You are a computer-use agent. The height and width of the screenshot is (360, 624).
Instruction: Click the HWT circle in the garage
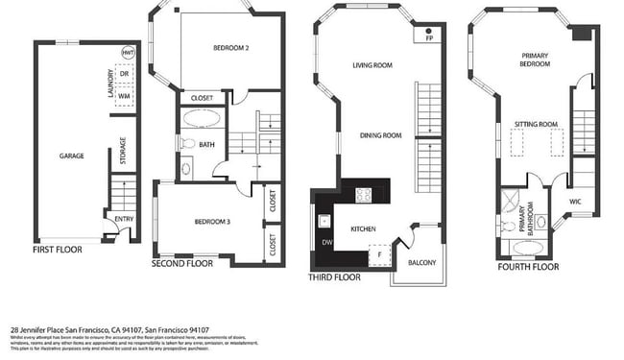(x=127, y=53)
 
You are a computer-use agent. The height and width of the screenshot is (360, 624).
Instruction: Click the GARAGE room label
(x=71, y=156)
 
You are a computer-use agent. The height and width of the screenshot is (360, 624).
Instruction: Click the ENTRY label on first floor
(x=124, y=219)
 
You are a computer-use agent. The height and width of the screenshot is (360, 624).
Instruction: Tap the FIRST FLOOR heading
(x=58, y=250)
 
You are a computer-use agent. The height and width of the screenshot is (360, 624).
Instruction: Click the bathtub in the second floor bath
(x=202, y=119)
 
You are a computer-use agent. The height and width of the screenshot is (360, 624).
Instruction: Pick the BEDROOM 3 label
(x=212, y=222)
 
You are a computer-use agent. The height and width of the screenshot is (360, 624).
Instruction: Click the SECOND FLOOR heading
(x=182, y=263)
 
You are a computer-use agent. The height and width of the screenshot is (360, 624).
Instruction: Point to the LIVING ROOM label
(x=373, y=65)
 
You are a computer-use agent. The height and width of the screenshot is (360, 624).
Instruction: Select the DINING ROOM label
(x=380, y=136)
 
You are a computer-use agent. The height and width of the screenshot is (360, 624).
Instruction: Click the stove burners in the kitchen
(x=364, y=195)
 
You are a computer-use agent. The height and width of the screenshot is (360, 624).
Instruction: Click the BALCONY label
(x=421, y=263)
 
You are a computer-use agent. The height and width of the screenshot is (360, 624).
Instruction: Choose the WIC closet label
(x=575, y=202)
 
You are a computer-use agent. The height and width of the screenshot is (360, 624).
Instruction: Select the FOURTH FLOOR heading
(x=528, y=267)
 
